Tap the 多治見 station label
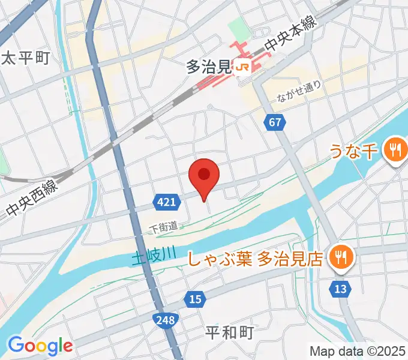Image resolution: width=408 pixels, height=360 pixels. click(x=208, y=68)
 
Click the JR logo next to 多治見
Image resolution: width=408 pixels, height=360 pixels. click(x=243, y=68)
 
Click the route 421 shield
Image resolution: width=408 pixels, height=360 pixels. click(x=167, y=202)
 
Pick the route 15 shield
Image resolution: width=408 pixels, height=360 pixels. click(x=194, y=299)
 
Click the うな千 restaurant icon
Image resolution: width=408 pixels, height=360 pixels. click(x=395, y=148)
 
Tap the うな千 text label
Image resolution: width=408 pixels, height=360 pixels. click(x=354, y=151)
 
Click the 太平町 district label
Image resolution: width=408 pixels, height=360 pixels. click(x=26, y=58)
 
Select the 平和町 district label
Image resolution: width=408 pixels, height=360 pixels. click(x=230, y=332)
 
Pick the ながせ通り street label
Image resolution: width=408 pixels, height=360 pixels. click(x=300, y=91)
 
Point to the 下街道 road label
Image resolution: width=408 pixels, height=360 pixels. click(x=164, y=227)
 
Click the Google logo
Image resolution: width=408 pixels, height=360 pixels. click(x=40, y=345)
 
